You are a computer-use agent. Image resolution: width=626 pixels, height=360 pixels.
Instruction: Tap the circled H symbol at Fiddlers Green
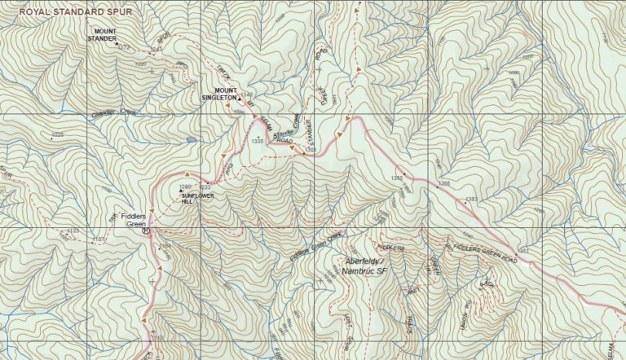[146, 230]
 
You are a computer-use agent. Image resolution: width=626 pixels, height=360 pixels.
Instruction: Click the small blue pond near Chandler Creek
[191, 140]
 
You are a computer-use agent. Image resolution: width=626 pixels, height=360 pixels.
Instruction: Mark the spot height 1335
[258, 141]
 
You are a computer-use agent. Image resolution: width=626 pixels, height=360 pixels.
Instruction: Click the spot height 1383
[471, 200]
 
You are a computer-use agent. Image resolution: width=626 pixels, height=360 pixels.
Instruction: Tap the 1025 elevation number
[57, 134]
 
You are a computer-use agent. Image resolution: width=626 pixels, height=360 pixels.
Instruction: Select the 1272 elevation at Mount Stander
[124, 47]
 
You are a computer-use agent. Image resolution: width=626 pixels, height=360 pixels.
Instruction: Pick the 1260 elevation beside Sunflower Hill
[184, 188]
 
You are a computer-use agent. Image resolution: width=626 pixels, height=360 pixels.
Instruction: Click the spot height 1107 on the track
[99, 239]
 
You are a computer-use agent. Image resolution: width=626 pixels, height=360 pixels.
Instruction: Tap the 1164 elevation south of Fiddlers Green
[166, 244]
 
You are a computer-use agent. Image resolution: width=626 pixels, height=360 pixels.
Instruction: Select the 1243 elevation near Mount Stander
[156, 51]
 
